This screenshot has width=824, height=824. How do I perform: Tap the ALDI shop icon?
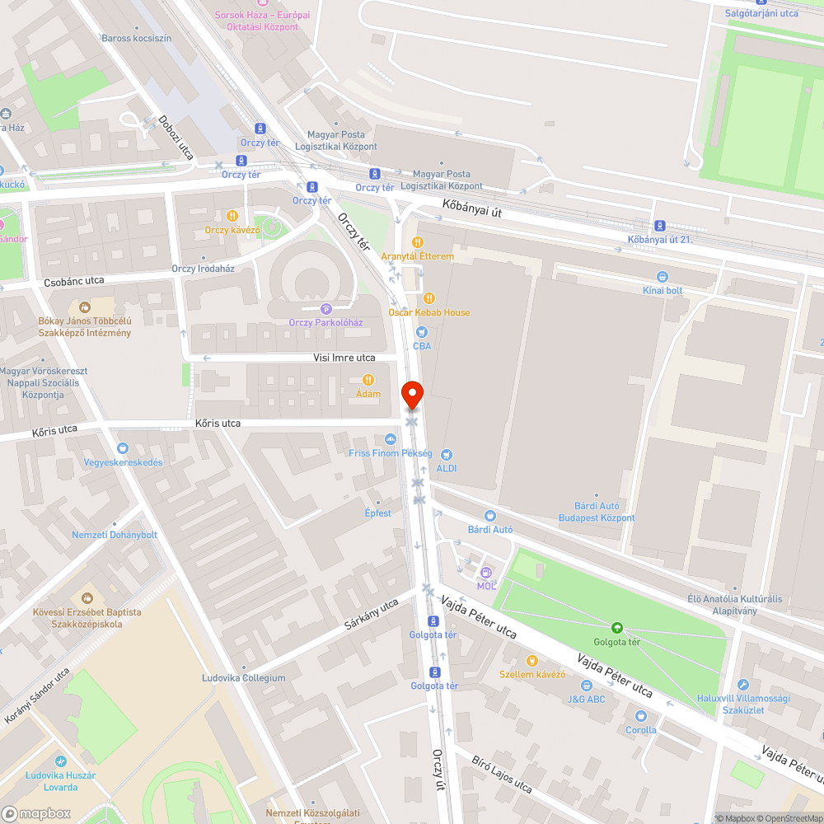pyautogui.click(x=447, y=454)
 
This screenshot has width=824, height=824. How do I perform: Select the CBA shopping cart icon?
pyautogui.click(x=422, y=332)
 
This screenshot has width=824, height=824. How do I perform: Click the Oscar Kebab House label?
pyautogui.click(x=428, y=312)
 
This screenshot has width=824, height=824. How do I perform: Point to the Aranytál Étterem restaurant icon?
pyautogui.click(x=418, y=242)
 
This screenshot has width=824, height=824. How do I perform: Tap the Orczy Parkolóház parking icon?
pyautogui.click(x=325, y=309)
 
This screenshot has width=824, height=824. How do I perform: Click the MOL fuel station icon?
pyautogui.click(x=486, y=573)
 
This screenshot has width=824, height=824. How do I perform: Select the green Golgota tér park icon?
pyautogui.click(x=617, y=628)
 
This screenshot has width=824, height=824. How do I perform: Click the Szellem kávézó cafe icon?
pyautogui.click(x=532, y=660)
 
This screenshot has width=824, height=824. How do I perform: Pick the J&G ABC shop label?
pyautogui.click(x=586, y=700)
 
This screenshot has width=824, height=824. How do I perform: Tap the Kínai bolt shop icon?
pyautogui.click(x=662, y=277)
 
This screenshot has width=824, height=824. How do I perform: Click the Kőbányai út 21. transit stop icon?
pyautogui.click(x=659, y=226)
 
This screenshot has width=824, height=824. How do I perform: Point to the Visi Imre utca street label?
pyautogui.click(x=344, y=358)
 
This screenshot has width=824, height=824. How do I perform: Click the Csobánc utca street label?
pyautogui.click(x=74, y=281)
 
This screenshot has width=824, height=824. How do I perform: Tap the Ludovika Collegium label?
pyautogui.click(x=244, y=678)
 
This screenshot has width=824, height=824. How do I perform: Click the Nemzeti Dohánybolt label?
pyautogui.click(x=115, y=535)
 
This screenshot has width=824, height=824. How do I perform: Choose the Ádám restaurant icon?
pyautogui.click(x=368, y=379)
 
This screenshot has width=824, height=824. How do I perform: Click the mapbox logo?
pyautogui.click(x=36, y=812)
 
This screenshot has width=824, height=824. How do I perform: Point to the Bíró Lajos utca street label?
pyautogui.click(x=502, y=772)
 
